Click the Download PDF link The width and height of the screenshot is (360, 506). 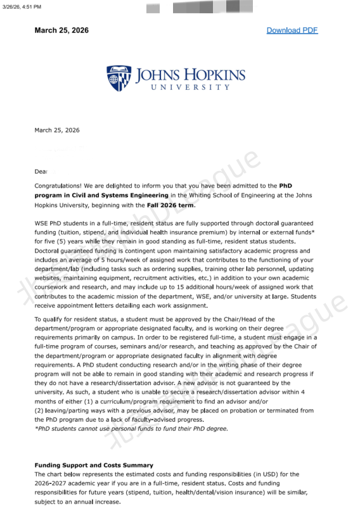tap(292, 30)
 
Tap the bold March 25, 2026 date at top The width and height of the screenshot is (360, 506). tap(61, 30)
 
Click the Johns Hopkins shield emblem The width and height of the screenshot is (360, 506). tap(119, 78)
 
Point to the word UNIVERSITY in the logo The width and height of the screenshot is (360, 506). tap(190, 87)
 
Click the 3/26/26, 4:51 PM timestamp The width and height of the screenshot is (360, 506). tap(22, 7)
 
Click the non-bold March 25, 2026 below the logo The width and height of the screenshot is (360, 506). tap(57, 130)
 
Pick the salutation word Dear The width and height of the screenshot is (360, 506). tap(41, 172)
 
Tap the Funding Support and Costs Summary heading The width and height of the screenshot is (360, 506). tap(94, 465)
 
